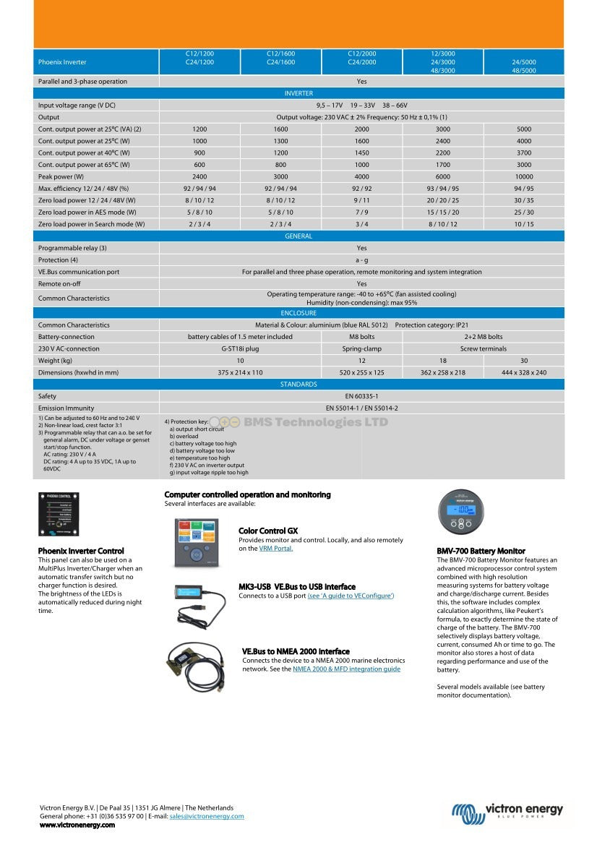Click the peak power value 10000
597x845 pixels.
(523, 177)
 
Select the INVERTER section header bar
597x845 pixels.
(298, 93)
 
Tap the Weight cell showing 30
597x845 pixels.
(523, 361)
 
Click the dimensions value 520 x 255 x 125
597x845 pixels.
(361, 372)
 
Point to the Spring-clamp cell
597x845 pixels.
(361, 348)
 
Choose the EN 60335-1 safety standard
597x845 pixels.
(361, 396)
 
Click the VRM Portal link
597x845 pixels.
(275, 549)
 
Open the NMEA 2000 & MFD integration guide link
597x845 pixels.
(346, 669)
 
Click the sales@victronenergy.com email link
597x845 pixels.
(206, 816)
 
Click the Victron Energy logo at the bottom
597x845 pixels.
(507, 813)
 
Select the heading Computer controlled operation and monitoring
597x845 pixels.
(247, 495)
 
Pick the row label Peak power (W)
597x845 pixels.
(61, 177)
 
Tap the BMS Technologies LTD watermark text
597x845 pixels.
(316, 423)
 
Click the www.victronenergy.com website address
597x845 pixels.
(77, 825)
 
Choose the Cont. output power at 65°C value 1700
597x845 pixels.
(442, 165)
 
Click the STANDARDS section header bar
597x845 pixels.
(298, 385)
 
